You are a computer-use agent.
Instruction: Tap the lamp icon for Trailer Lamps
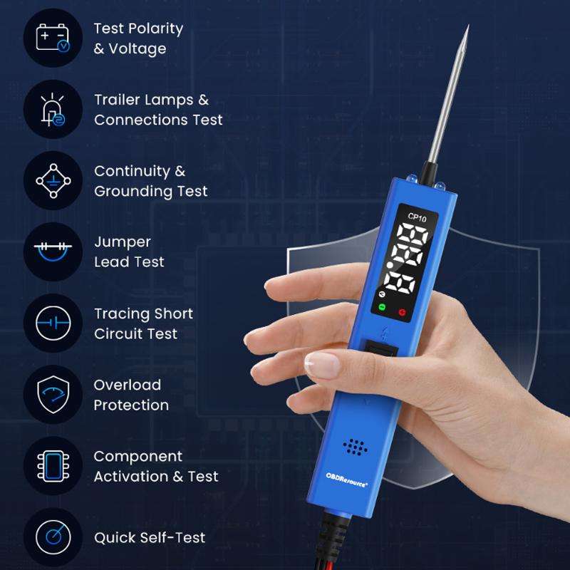[x=53, y=110]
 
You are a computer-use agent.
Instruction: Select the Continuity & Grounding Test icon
[x=53, y=181]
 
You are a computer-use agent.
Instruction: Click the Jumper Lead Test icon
[x=53, y=252]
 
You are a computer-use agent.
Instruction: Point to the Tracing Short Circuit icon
[x=53, y=323]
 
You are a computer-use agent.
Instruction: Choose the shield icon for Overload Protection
[x=53, y=395]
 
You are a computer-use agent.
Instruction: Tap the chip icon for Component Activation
[x=53, y=466]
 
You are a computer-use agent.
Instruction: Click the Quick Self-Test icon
[x=53, y=537]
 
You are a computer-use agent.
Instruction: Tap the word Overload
[x=128, y=385]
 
